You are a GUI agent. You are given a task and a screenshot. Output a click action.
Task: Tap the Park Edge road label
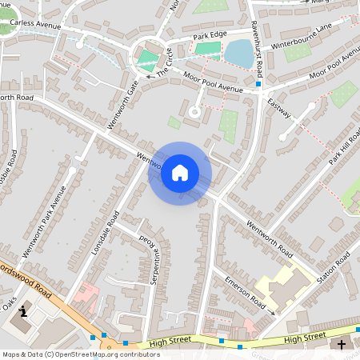[210, 37]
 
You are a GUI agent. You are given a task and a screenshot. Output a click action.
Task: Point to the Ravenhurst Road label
[256, 40]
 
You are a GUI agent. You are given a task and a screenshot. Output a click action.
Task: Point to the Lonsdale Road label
[105, 233]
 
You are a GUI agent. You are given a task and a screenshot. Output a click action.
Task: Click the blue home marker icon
[180, 173]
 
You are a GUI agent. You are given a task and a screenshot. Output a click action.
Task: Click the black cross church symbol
[343, 345]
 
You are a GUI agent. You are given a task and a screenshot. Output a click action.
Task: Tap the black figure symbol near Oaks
[23, 311]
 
